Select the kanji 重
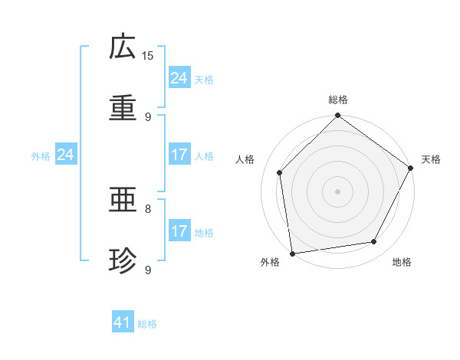click(x=123, y=106)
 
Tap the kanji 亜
click(x=123, y=201)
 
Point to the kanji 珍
click(x=123, y=260)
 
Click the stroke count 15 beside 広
click(x=148, y=56)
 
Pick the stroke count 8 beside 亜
click(x=148, y=208)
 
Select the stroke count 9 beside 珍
click(x=148, y=269)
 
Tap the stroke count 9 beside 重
click(x=148, y=116)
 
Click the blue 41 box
click(x=123, y=323)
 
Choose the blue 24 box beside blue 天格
click(x=179, y=78)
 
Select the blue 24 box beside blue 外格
click(x=66, y=155)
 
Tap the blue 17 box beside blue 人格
click(x=179, y=155)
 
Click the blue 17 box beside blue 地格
click(x=179, y=231)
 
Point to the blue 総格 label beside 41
click(x=147, y=324)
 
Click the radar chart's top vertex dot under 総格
click(x=337, y=116)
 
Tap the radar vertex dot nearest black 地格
click(x=374, y=242)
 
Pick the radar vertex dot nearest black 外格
click(x=292, y=253)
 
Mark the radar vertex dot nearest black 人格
click(x=280, y=172)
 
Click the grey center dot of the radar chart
click(x=337, y=191)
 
